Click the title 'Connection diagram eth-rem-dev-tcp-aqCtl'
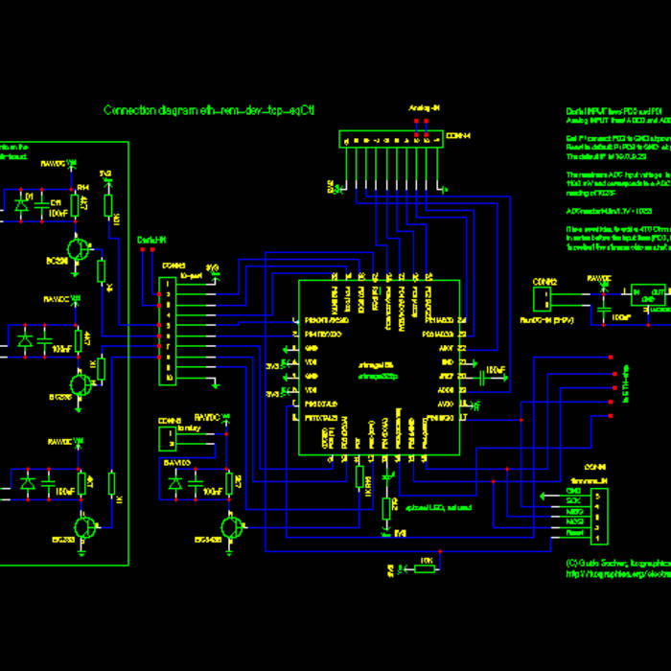[210, 110]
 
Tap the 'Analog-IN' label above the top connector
[424, 108]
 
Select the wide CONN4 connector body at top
[392, 140]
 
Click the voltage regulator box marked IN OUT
[649, 294]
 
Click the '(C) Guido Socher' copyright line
[613, 562]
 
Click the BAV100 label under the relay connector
[177, 463]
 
